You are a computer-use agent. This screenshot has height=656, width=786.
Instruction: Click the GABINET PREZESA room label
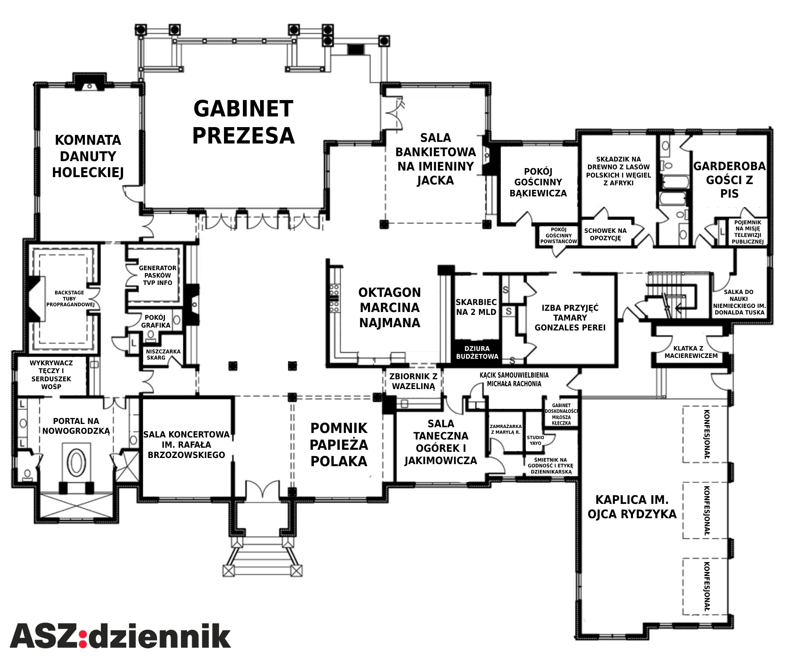[x=243, y=122]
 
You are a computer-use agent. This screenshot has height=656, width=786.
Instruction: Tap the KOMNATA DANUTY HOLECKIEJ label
[x=88, y=156]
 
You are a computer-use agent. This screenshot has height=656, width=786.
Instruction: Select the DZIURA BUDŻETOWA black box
[x=477, y=352]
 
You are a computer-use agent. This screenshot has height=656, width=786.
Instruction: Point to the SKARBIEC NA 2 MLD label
[x=476, y=307]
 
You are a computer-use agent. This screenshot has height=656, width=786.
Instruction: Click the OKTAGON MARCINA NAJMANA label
[x=390, y=307]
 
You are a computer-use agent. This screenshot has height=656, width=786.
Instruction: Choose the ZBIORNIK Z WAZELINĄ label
[x=414, y=381]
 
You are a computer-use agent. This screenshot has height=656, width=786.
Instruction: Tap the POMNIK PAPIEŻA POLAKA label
[x=339, y=445]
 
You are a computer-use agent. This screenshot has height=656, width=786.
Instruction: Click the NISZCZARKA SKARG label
[x=163, y=355]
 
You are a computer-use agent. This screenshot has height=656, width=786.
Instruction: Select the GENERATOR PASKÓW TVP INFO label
[x=158, y=275]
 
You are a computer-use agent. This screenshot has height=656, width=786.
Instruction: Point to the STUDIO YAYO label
[x=535, y=440]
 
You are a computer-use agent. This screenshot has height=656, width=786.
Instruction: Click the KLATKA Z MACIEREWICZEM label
[x=691, y=352]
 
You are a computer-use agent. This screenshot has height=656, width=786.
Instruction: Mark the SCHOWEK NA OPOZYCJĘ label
[x=605, y=234]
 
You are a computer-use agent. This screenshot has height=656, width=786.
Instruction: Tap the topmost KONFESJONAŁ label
[x=707, y=434]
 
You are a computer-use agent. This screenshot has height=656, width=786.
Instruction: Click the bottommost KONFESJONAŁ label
[x=707, y=587]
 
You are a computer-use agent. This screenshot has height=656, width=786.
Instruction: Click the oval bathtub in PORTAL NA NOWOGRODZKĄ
[x=76, y=462]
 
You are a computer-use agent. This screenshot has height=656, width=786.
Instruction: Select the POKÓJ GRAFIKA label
[x=155, y=321]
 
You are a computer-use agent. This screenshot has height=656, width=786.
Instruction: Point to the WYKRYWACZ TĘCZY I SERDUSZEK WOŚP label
[x=51, y=375]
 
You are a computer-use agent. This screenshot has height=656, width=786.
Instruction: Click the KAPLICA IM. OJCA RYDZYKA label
[x=632, y=507]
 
